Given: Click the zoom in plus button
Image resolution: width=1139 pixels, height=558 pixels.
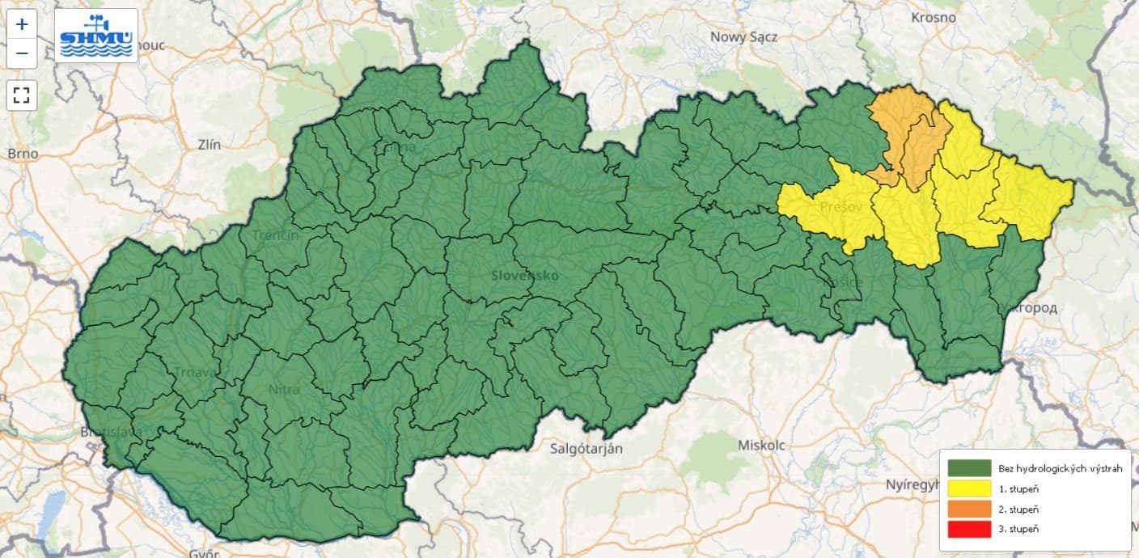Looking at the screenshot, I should (x=22, y=24).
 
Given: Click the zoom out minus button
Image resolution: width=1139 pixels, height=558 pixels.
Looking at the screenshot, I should (x=22, y=53).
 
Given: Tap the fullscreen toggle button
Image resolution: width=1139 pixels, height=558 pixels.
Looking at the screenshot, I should (x=22, y=95).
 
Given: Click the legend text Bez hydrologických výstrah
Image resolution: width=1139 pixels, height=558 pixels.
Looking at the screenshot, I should (x=1061, y=468).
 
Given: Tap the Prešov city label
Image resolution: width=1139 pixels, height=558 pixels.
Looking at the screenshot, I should (x=838, y=206).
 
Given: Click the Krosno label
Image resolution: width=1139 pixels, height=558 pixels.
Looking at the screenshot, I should (x=933, y=17).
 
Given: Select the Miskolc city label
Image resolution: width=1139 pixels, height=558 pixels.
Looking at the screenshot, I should (x=761, y=445).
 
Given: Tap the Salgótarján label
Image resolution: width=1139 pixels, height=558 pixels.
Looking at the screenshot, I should (x=586, y=448).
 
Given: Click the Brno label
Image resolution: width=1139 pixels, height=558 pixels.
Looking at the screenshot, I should (x=22, y=153).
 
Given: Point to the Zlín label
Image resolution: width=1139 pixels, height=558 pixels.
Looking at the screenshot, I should (x=208, y=144).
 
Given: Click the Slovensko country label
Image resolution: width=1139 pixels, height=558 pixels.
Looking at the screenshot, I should (x=524, y=275).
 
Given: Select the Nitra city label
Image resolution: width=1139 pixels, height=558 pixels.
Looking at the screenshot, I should (x=283, y=390).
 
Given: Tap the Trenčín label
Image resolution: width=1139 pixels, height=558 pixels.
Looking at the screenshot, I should (x=275, y=235).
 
